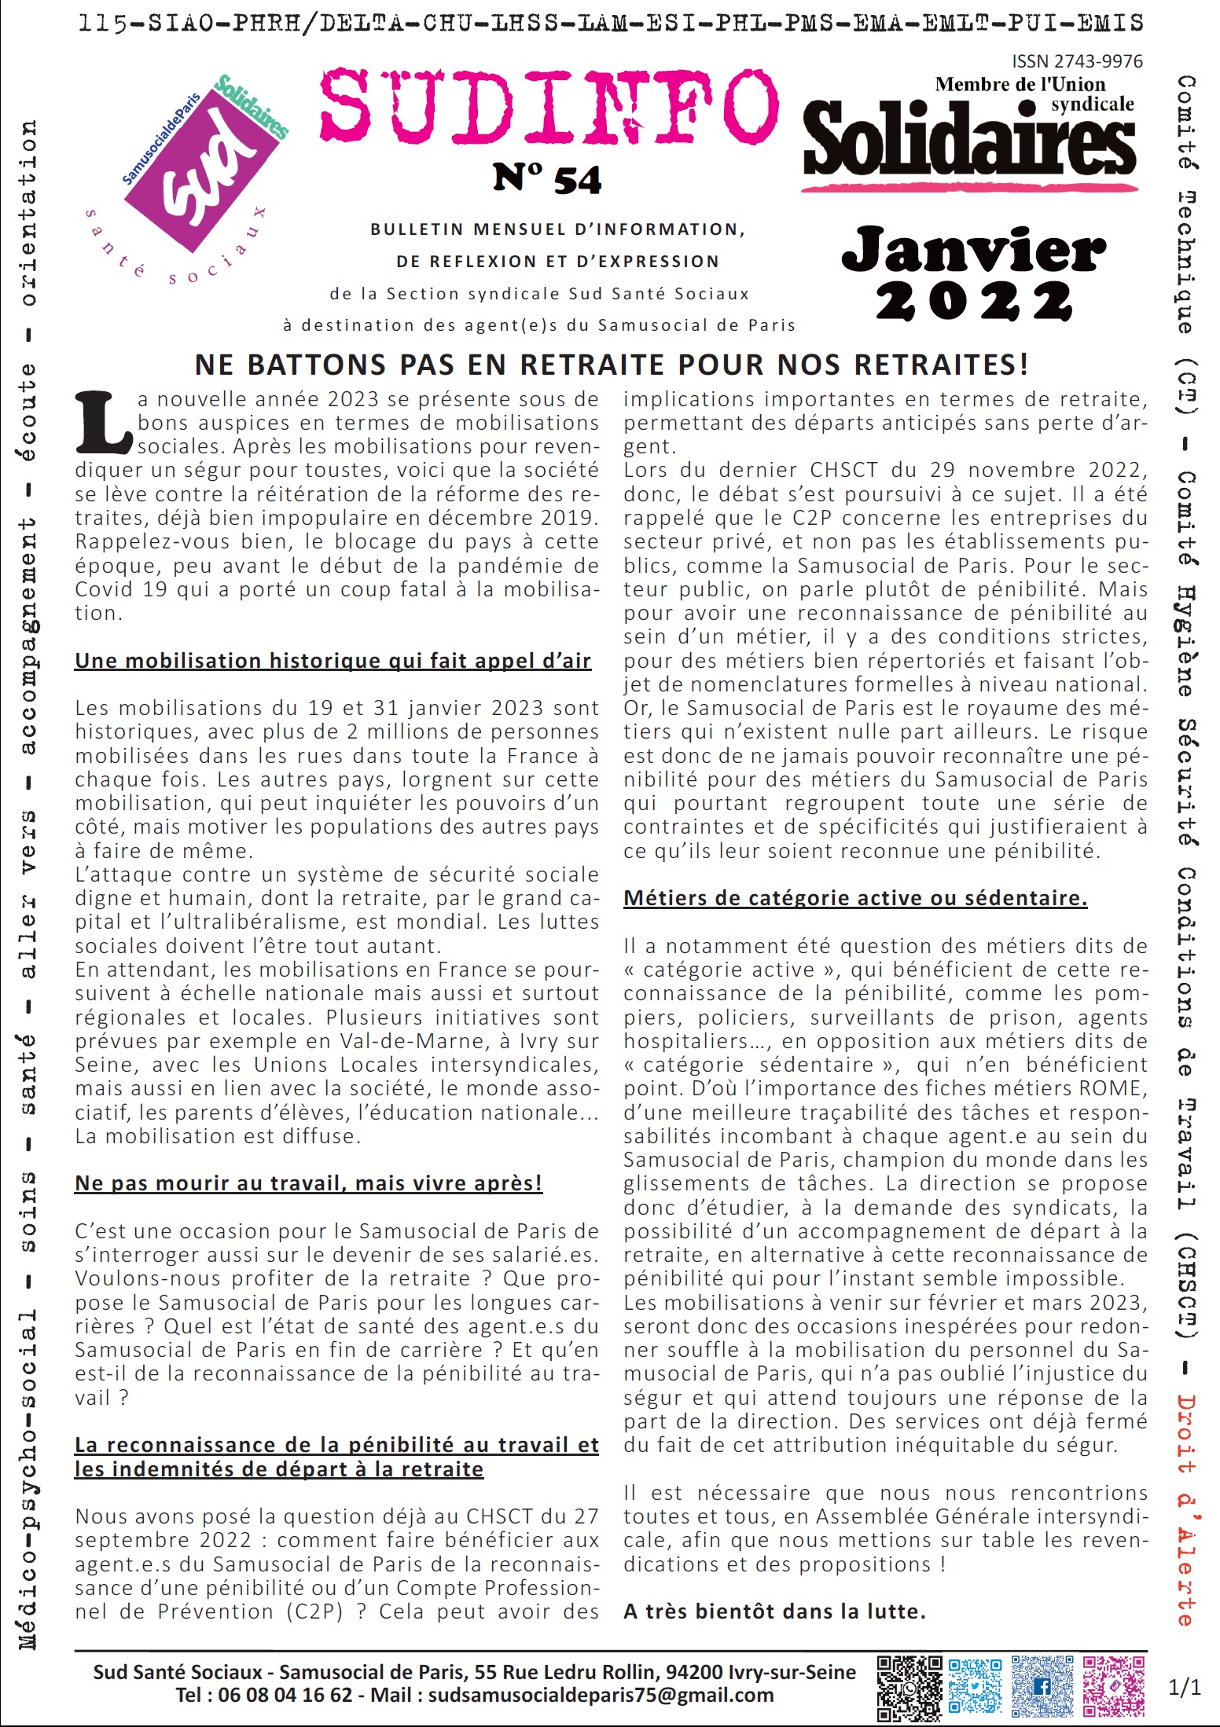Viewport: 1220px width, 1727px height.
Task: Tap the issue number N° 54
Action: click(547, 180)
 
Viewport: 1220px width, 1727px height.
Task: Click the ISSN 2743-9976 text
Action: click(1077, 61)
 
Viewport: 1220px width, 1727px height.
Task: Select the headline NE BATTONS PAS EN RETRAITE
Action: click(611, 365)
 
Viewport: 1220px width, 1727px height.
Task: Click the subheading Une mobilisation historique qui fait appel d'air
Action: click(333, 661)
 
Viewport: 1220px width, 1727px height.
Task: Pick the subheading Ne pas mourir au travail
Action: click(308, 1183)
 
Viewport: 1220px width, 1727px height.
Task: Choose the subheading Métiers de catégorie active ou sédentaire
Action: click(855, 898)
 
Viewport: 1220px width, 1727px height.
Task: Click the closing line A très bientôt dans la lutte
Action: click(774, 1611)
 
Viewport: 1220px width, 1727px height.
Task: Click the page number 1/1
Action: click(1185, 1687)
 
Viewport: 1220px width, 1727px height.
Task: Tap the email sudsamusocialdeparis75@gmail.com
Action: click(601, 1695)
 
